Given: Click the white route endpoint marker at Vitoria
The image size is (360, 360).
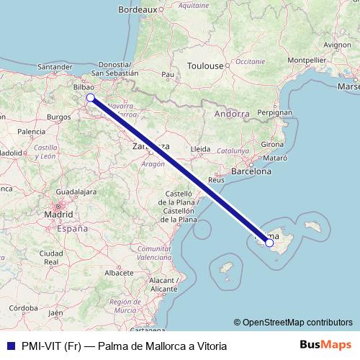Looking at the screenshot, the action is (91, 97).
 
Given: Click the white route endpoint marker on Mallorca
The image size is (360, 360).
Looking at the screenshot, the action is (269, 243).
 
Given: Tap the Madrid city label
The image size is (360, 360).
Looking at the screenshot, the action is (58, 215).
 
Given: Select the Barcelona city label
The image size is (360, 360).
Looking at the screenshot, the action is (251, 172).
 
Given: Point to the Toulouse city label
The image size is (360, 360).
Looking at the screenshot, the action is (205, 66).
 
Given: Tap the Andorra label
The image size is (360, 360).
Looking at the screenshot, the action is (232, 114).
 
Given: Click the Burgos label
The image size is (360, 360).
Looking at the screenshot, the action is (57, 116).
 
